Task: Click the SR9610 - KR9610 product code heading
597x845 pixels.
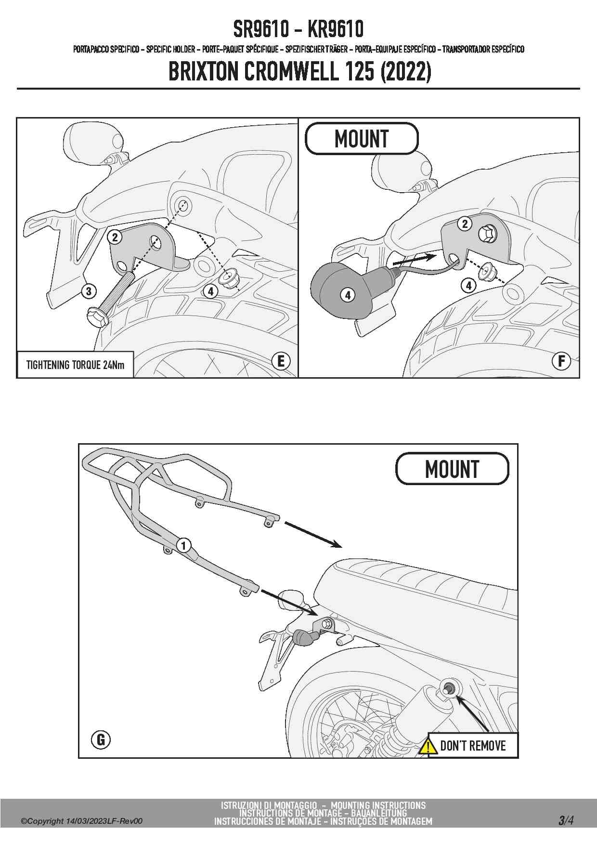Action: (x=298, y=29)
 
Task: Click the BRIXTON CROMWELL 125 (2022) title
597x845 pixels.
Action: (x=299, y=72)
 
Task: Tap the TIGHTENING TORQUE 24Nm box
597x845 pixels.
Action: (x=75, y=365)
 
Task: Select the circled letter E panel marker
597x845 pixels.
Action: (x=281, y=361)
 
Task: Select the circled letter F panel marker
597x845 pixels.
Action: (x=561, y=361)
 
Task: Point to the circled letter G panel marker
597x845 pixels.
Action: (x=101, y=739)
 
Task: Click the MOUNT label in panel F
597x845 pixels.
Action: (x=362, y=139)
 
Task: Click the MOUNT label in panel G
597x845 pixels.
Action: (x=452, y=469)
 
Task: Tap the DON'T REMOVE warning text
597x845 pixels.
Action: (x=473, y=746)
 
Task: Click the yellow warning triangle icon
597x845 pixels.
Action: (x=428, y=746)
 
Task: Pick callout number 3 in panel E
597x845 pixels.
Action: (x=89, y=291)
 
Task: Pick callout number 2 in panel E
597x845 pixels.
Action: (x=115, y=237)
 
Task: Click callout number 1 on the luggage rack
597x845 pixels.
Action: (x=183, y=545)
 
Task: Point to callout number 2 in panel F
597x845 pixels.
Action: (x=465, y=224)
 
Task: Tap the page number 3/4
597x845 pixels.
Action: (x=566, y=820)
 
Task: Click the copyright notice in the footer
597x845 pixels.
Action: (x=81, y=821)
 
